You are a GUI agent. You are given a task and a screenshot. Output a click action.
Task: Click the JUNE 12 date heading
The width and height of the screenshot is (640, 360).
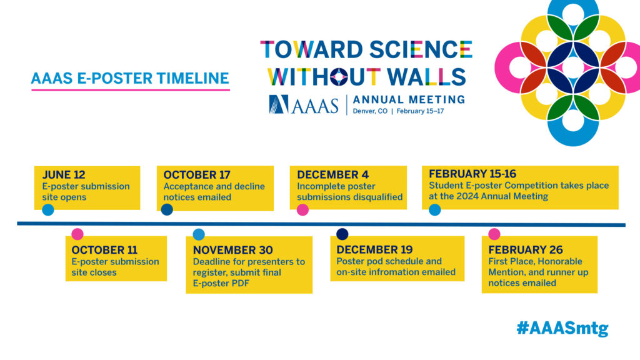(x=64, y=175)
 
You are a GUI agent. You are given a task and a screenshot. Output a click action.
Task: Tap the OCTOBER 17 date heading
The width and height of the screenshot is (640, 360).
(x=197, y=175)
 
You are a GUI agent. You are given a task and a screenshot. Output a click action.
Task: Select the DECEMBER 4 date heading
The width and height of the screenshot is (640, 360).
(x=332, y=175)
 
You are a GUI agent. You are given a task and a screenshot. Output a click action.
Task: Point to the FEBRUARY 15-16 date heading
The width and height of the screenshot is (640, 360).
(x=472, y=174)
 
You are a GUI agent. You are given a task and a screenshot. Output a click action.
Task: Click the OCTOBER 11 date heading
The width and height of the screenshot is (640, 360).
(x=104, y=250)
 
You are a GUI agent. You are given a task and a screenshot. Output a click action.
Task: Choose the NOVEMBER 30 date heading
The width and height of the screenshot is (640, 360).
(x=232, y=250)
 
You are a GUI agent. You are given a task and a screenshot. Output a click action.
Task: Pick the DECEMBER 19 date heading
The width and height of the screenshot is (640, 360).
(x=374, y=249)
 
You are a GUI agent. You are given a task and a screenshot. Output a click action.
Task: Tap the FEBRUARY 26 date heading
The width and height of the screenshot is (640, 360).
(x=525, y=249)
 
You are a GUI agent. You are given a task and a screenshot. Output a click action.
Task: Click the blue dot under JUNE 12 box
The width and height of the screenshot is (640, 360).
(x=47, y=210)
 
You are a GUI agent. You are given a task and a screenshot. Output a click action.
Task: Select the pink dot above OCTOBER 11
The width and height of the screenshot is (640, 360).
(x=77, y=234)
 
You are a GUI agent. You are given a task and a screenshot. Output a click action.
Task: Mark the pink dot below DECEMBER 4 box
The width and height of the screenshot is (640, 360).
(x=302, y=210)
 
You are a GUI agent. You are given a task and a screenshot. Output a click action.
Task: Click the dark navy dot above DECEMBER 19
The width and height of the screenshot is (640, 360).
(x=342, y=234)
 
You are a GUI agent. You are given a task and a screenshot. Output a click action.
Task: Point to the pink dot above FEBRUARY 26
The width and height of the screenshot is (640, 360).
(x=494, y=234)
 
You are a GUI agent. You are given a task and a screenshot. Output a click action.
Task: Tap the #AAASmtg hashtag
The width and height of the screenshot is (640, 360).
(x=562, y=328)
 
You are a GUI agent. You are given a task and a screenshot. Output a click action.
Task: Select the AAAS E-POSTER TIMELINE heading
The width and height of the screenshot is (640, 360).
(x=130, y=78)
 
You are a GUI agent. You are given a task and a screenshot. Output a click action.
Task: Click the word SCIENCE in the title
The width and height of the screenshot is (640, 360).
(x=421, y=49)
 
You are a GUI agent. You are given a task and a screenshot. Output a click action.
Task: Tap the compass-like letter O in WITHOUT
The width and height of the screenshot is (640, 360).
(x=339, y=77)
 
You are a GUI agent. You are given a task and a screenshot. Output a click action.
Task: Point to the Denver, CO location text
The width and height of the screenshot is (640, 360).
(x=370, y=111)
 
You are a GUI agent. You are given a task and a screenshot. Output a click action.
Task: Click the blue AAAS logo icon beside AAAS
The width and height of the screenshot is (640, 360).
(x=278, y=104)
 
